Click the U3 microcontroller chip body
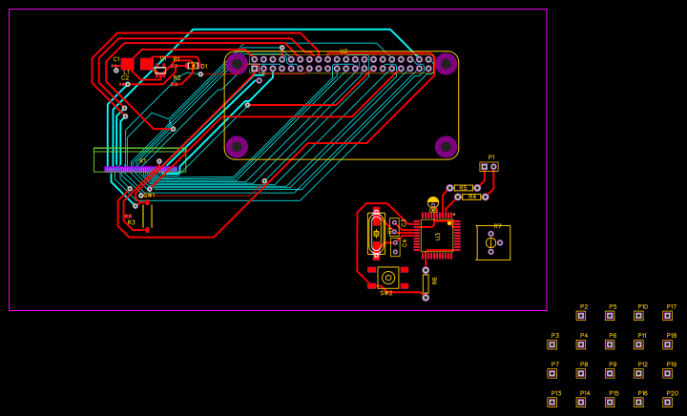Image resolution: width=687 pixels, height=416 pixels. [x=437, y=236]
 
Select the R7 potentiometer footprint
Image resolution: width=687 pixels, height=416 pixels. [x=492, y=242]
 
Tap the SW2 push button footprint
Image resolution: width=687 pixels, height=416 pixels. [x=388, y=278]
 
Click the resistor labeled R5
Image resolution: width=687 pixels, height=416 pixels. [x=464, y=188]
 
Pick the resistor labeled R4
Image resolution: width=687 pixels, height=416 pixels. [x=471, y=197]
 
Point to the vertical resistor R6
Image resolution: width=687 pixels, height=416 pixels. [x=426, y=283]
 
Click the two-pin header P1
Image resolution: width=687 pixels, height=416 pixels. [x=489, y=166]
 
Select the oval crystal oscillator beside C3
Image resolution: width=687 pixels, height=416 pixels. [x=376, y=233]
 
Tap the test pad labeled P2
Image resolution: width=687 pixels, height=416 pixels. [x=581, y=316]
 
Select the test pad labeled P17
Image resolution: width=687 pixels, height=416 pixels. [x=668, y=316]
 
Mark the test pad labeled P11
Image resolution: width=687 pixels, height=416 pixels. [x=639, y=344]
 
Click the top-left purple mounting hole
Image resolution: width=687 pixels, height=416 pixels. [x=238, y=64]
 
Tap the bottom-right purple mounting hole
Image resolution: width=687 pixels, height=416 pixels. [x=446, y=146]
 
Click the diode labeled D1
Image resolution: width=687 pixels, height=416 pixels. [x=194, y=66]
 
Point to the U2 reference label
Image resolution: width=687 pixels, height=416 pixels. [x=343, y=52]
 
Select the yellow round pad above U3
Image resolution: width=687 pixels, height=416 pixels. [x=433, y=202]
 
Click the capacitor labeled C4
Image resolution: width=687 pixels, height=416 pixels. [x=395, y=246]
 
